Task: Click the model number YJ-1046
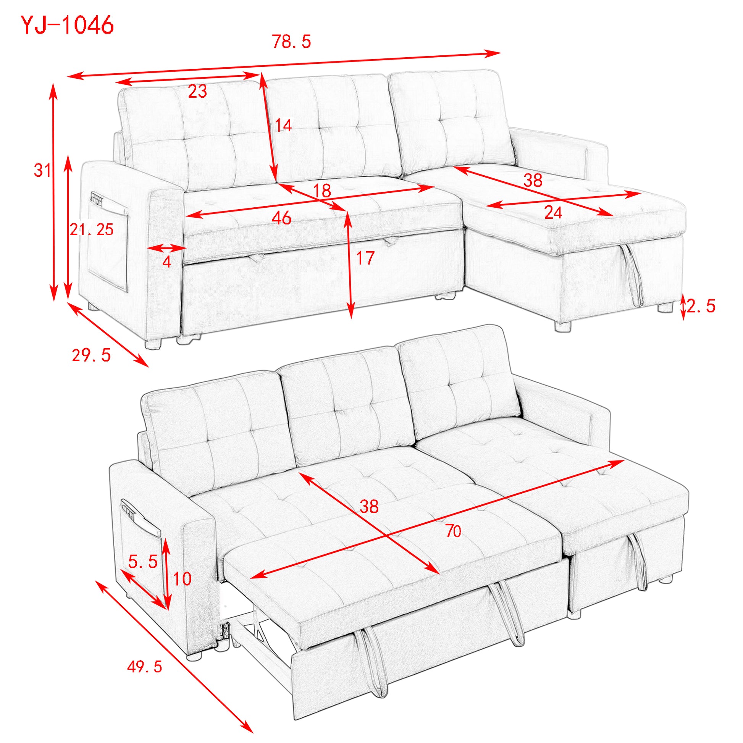(67, 25)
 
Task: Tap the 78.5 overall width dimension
(291, 42)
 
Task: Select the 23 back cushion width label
(198, 91)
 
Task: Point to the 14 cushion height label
(283, 125)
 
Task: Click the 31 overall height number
(42, 170)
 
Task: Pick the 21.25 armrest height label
(92, 229)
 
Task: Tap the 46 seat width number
(281, 218)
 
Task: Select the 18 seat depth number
(322, 191)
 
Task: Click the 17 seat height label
(365, 258)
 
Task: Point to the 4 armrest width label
(166, 262)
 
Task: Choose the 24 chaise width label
(553, 213)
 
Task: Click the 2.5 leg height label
(701, 306)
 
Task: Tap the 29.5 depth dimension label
(92, 355)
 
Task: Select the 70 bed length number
(454, 531)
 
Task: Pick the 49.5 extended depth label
(145, 667)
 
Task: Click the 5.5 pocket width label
(143, 562)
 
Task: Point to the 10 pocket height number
(182, 578)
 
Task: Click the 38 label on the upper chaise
(533, 180)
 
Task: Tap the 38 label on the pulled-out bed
(369, 507)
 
